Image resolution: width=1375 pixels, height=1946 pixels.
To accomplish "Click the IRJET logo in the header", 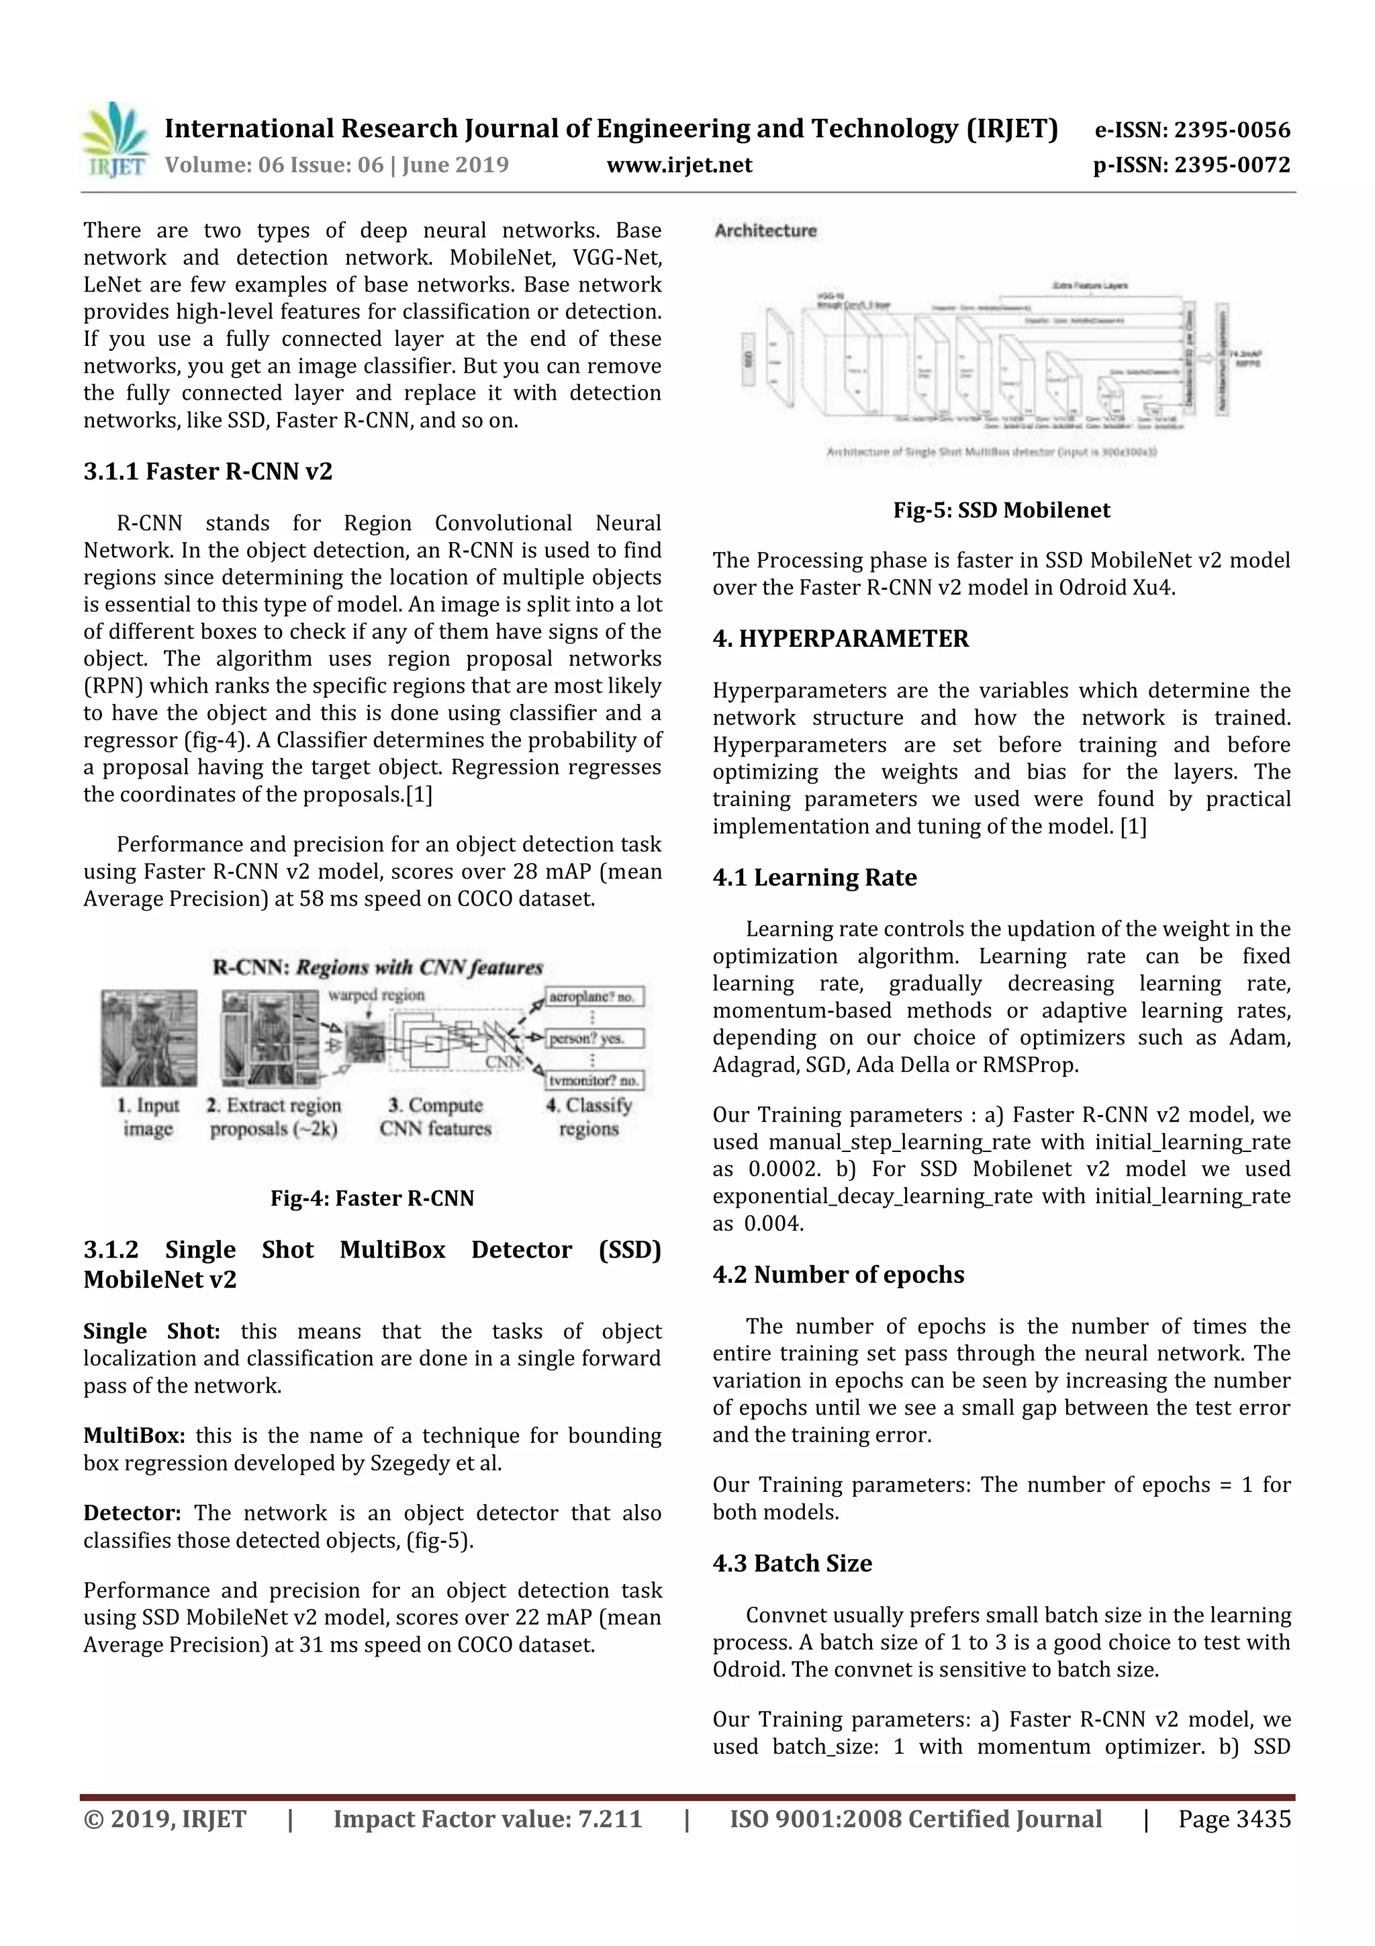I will coord(116,140).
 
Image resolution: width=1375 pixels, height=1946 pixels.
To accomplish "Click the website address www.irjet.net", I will coord(679,165).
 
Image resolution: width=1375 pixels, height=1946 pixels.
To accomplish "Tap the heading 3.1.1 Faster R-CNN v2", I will coord(207,472).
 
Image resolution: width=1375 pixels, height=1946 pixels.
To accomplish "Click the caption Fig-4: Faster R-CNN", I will coord(372,1198).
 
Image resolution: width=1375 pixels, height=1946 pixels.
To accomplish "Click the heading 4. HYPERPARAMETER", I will coord(840,638).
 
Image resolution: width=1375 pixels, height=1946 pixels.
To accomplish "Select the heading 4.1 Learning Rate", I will coord(814,877).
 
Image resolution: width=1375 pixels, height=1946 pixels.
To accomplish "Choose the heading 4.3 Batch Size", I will coord(792,1563).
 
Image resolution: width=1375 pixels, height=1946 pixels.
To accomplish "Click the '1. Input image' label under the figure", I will coord(148,1116).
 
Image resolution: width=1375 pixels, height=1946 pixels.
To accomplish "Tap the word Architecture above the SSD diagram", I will coord(765,230).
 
